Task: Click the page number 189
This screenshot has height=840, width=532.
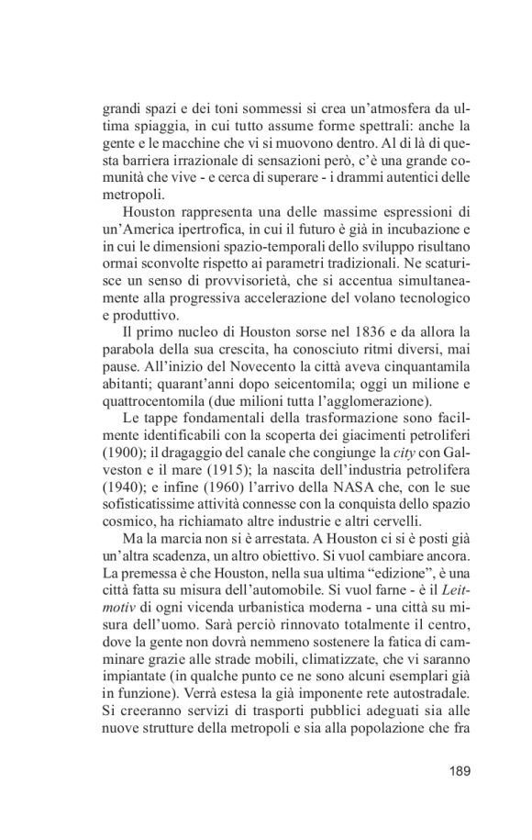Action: click(460, 770)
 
